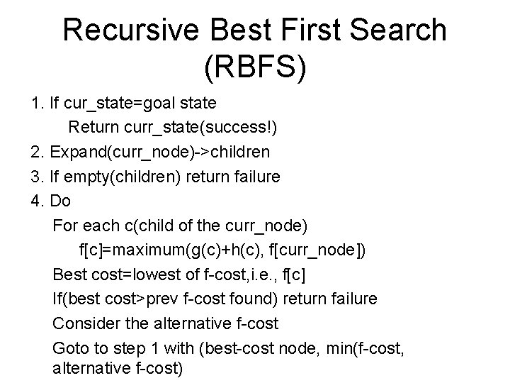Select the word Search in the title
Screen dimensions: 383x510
point(403,31)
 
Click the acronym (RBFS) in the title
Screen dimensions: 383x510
point(255,68)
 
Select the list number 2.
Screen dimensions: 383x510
point(37,152)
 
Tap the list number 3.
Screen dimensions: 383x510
point(37,177)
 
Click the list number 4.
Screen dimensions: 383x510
point(37,201)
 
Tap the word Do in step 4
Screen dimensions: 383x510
point(61,201)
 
